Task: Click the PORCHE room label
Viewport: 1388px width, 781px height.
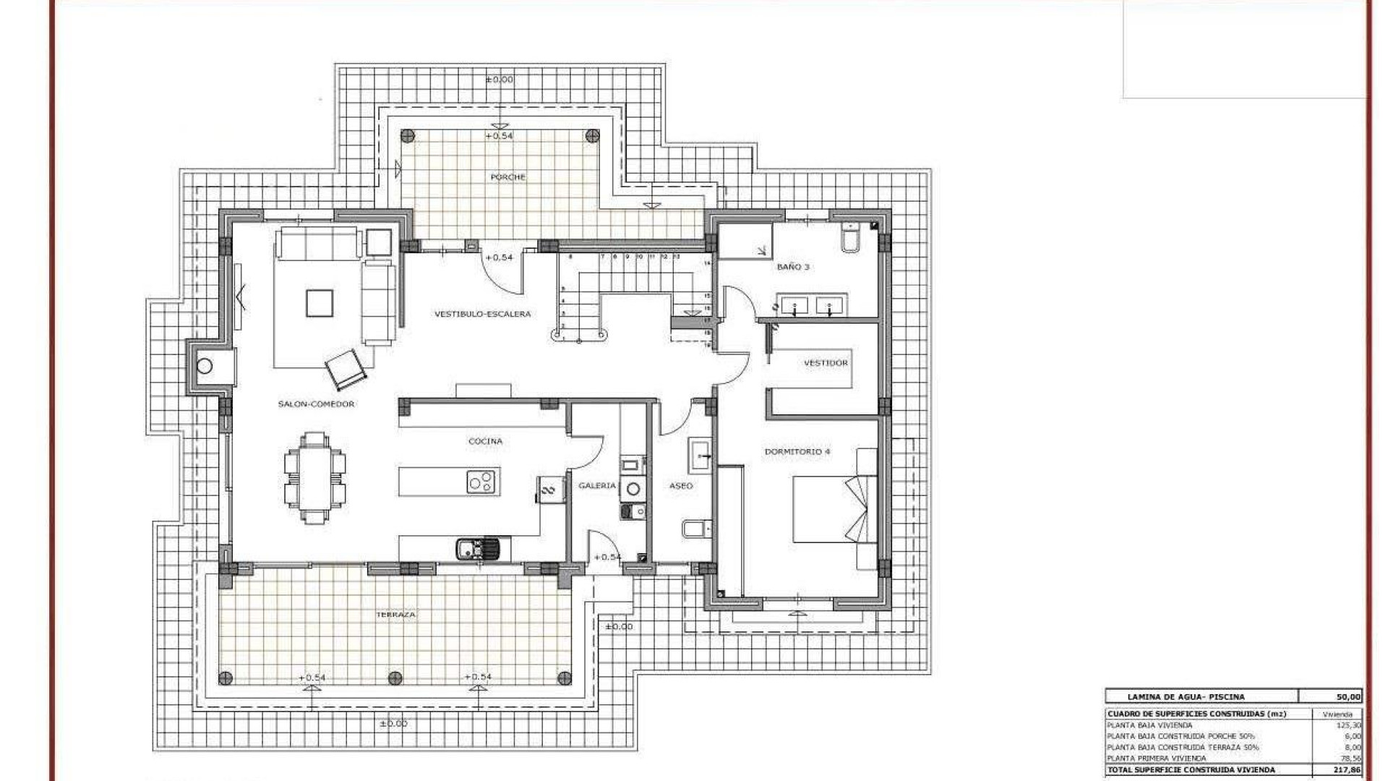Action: click(507, 177)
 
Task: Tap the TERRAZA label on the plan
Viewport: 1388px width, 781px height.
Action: click(395, 615)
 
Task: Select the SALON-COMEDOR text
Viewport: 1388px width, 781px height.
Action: click(316, 404)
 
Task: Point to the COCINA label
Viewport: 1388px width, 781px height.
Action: click(485, 441)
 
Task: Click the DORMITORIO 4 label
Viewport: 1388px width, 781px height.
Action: click(797, 452)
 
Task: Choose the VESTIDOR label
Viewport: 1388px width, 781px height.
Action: click(826, 363)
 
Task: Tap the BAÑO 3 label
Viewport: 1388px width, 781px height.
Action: click(793, 267)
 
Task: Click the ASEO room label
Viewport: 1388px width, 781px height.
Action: click(681, 486)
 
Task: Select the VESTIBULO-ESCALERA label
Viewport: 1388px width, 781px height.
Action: click(482, 314)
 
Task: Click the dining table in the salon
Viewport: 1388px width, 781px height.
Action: click(314, 478)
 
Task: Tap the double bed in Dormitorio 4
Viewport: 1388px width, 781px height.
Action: click(831, 508)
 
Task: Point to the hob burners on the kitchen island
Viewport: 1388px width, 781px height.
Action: click(481, 482)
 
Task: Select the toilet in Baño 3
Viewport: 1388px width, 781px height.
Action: click(850, 239)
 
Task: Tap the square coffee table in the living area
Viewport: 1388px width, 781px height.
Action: click(319, 303)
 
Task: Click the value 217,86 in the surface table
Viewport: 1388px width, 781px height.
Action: click(1348, 770)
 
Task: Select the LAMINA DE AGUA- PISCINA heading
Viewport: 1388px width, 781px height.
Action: click(1186, 697)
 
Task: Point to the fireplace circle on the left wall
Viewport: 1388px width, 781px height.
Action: click(205, 366)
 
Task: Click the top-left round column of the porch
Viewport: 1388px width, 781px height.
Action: click(408, 135)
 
